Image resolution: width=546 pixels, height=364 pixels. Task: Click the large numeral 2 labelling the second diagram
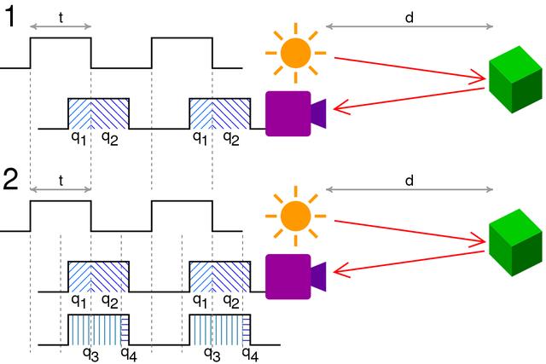coord(14,182)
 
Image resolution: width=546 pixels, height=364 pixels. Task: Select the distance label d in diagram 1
coord(409,14)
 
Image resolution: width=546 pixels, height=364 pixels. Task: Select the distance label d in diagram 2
coord(409,181)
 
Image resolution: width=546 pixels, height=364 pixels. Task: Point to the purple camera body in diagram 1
coord(287,113)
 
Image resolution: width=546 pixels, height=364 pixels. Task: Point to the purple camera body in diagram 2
coord(287,275)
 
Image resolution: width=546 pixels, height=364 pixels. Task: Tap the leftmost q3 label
coord(89,352)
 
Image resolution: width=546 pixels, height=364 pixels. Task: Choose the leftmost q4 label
coord(128,352)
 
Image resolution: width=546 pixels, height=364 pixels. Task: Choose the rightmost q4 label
coord(249,352)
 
